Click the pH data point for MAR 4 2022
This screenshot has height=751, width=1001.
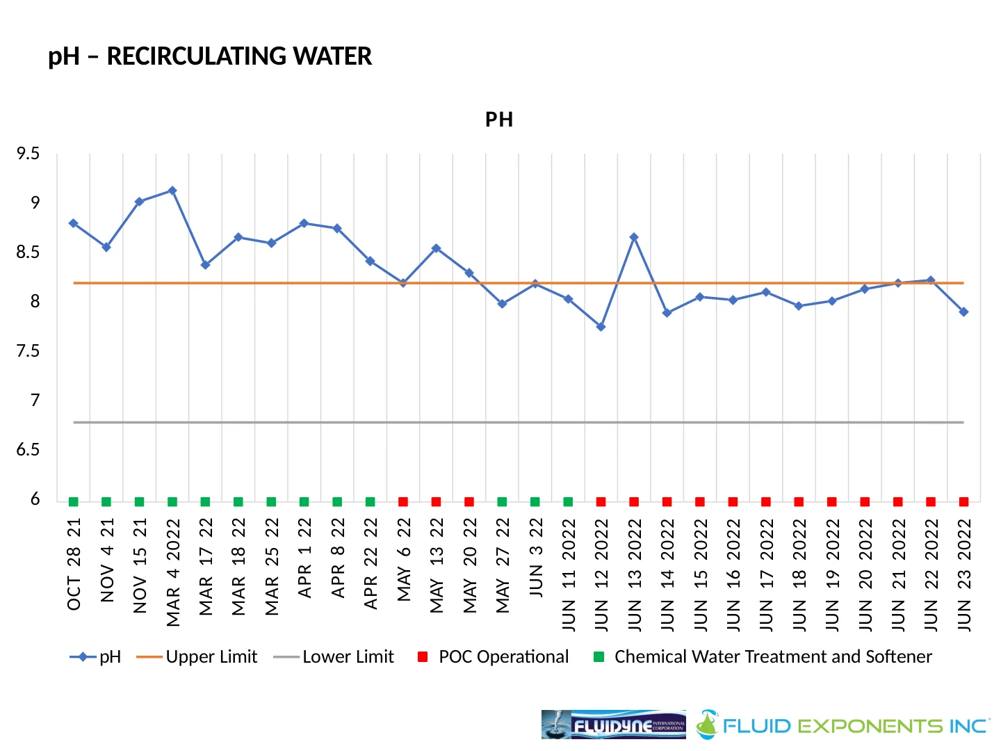[172, 191]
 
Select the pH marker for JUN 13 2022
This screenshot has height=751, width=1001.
[634, 238]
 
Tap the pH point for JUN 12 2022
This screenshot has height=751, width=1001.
[601, 327]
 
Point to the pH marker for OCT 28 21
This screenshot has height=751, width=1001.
[74, 223]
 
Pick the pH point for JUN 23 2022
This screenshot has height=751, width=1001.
[963, 312]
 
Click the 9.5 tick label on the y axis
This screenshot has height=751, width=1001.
[29, 154]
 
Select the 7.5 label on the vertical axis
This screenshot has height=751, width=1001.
[29, 351]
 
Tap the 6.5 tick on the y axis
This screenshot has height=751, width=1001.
[29, 450]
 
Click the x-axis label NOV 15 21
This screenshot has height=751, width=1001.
[140, 565]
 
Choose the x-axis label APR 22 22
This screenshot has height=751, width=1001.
[371, 563]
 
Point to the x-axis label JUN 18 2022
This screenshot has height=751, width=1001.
[799, 574]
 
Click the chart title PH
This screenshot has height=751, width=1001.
[499, 120]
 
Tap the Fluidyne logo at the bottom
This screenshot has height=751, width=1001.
[613, 725]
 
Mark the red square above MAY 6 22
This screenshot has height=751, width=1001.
[403, 502]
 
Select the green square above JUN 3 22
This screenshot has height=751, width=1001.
[535, 502]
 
